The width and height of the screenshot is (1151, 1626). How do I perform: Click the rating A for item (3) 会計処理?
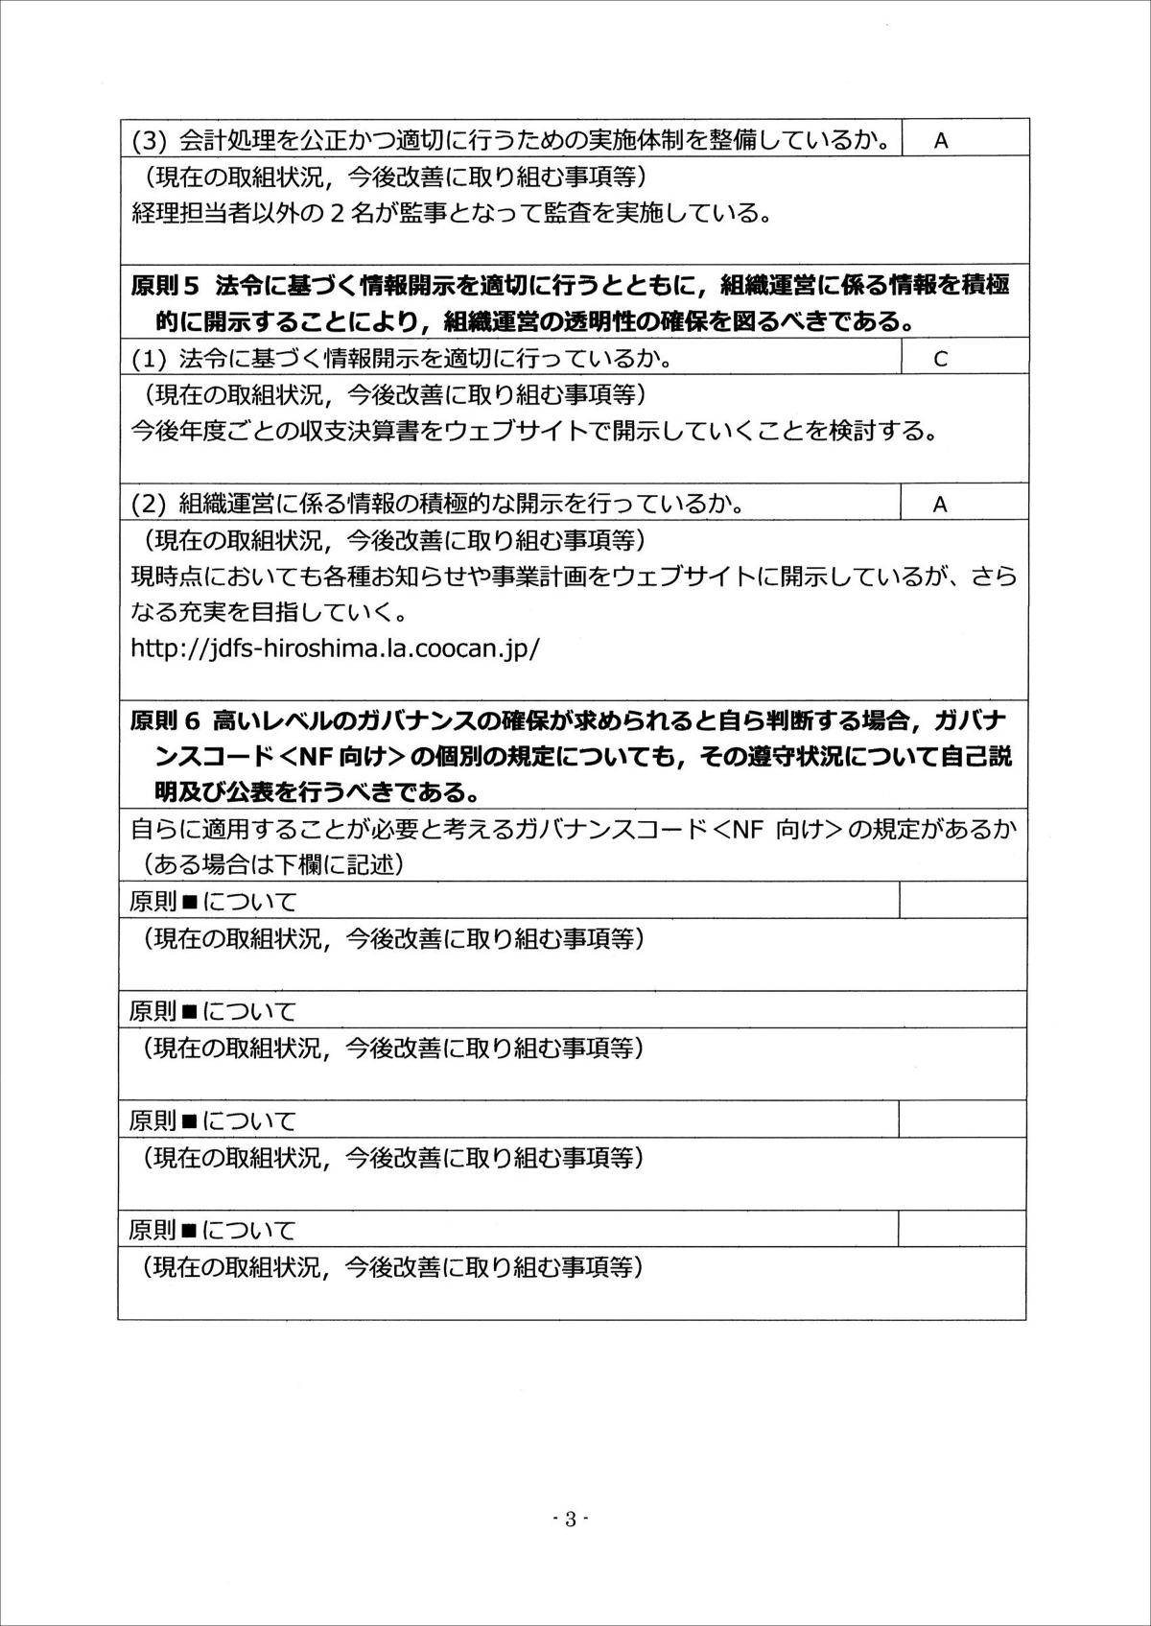click(940, 140)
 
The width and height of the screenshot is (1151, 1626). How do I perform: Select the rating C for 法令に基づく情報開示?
click(940, 359)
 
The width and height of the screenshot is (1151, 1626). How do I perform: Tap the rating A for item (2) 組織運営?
click(940, 505)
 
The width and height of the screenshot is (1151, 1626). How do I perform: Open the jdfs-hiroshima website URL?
click(335, 648)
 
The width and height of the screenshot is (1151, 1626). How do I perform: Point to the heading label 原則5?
click(164, 286)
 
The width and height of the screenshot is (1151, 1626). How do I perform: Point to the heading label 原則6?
click(164, 720)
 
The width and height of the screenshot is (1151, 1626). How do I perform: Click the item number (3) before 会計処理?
click(150, 140)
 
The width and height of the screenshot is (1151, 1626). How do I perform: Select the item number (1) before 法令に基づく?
click(150, 359)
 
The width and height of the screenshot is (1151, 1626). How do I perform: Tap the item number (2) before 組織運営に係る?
click(150, 505)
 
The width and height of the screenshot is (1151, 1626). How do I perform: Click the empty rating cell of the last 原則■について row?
click(962, 1230)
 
